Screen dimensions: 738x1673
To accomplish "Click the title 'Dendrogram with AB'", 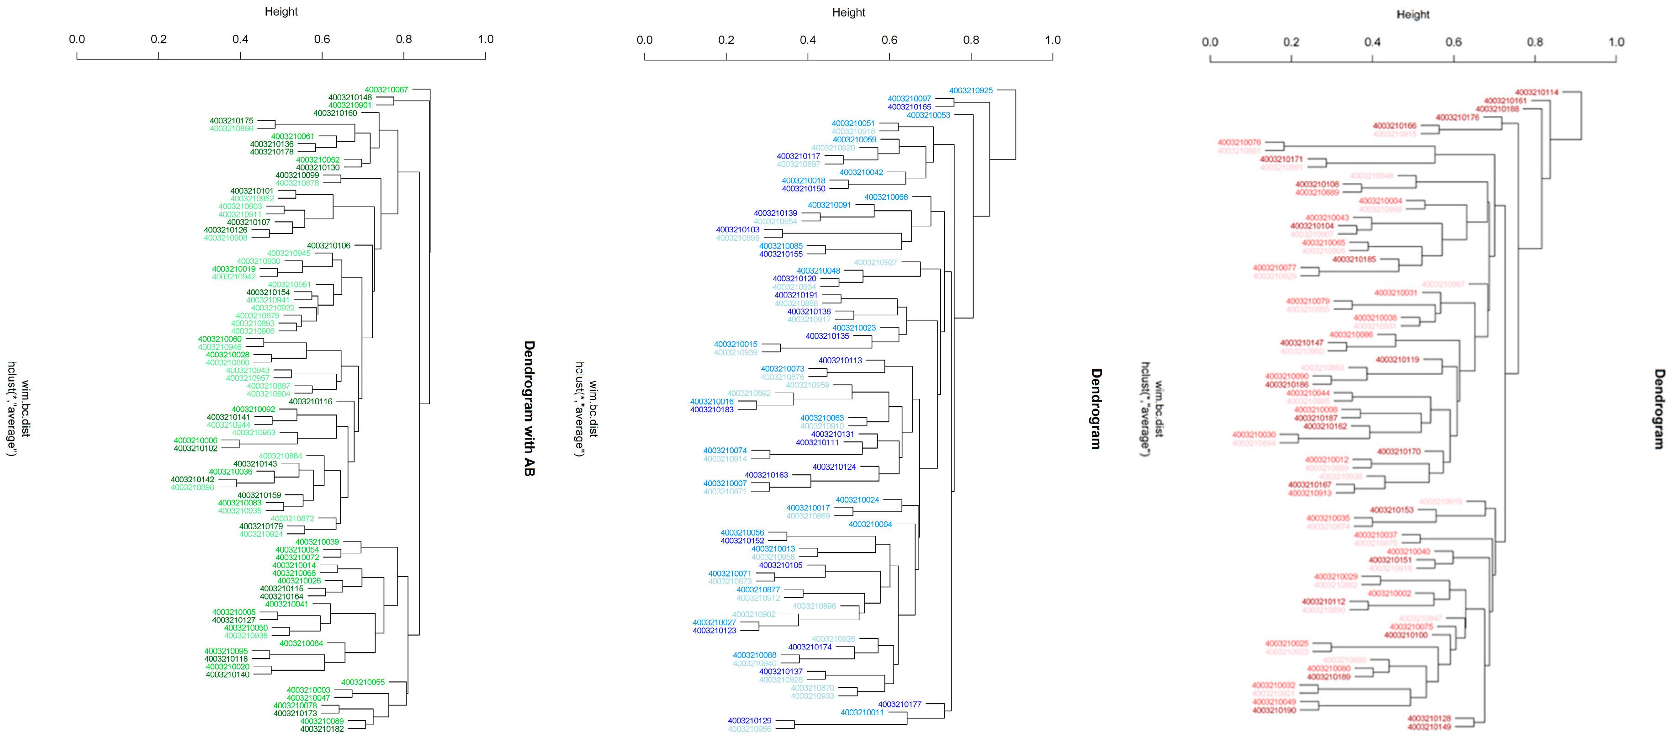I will (529, 408).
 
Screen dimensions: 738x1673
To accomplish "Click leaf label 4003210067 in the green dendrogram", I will (386, 90).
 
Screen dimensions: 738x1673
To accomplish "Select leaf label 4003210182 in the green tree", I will (322, 729).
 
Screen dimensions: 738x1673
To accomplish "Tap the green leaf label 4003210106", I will (328, 245).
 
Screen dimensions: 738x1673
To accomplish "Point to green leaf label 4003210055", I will (363, 682).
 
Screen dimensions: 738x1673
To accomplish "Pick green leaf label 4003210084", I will (302, 643).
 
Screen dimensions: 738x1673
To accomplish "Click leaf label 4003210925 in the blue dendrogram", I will (971, 90).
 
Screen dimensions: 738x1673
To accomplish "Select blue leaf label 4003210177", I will (900, 704).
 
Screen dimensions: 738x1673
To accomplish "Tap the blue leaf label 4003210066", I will (886, 197).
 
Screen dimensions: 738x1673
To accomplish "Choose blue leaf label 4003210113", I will (840, 360).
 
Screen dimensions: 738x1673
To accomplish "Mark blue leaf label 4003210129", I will (750, 721).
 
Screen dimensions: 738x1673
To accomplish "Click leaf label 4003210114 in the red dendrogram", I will (1536, 92).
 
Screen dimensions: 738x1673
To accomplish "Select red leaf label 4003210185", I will (1354, 259).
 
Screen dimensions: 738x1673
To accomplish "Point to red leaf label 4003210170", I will (1398, 451).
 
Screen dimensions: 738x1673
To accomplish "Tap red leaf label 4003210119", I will (1397, 359).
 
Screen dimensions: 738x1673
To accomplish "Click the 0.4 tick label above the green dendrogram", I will (240, 39).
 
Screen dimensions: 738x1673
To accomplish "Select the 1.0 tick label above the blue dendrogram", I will (1053, 40).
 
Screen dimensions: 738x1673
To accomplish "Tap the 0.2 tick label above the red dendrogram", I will (1291, 42).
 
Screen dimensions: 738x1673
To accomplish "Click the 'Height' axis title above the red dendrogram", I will (1413, 14).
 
